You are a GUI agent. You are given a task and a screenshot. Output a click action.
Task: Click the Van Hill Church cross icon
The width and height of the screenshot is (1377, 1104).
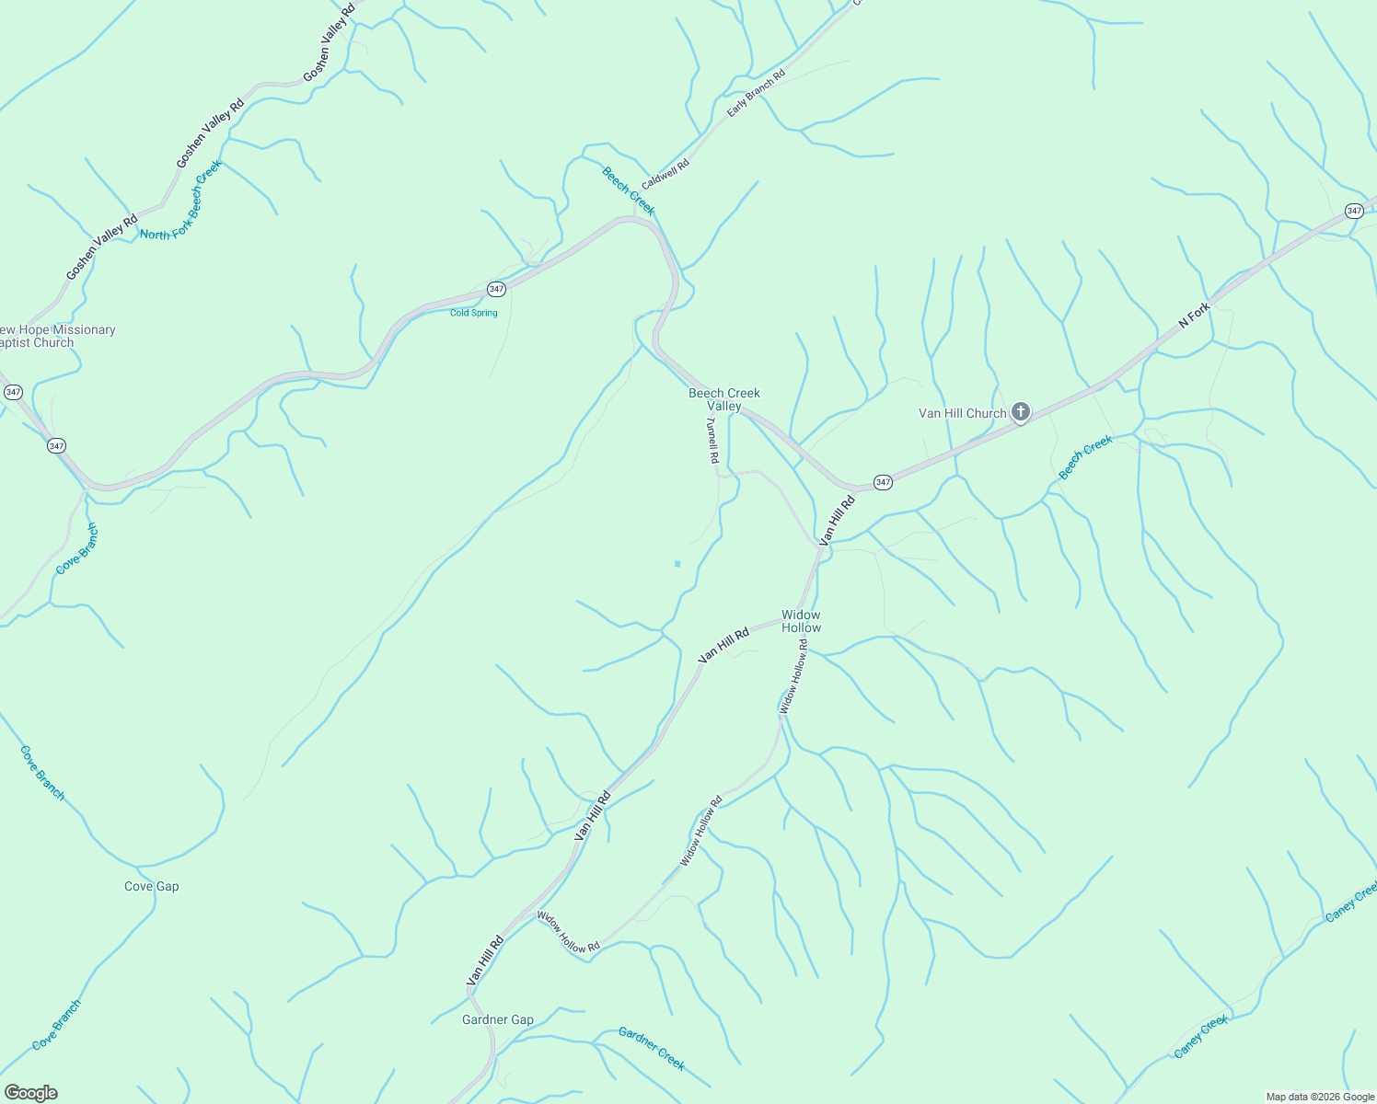[1020, 412]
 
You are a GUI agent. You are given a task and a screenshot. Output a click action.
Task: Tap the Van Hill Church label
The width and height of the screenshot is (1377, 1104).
[962, 414]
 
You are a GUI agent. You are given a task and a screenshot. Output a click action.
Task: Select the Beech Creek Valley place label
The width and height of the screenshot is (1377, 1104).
[724, 399]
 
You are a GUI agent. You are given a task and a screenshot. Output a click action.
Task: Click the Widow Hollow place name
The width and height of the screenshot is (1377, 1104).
[801, 621]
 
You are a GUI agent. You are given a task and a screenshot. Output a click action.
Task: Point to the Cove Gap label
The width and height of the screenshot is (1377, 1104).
[152, 887]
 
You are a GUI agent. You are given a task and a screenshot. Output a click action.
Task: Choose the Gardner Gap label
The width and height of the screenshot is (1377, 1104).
[498, 1019]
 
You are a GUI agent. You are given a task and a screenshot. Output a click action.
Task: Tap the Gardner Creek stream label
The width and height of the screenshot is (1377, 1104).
[652, 1049]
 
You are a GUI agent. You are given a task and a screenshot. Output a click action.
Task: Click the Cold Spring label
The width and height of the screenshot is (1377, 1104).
[474, 313]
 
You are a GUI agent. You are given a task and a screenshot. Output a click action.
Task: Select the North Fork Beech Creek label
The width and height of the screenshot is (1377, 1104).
[180, 201]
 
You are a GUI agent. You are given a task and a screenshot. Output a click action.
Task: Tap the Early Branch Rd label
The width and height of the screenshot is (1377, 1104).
[756, 92]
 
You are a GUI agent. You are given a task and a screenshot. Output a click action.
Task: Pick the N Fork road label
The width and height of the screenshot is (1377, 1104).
[1194, 316]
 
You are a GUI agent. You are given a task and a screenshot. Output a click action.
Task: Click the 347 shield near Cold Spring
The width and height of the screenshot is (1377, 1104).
[496, 289]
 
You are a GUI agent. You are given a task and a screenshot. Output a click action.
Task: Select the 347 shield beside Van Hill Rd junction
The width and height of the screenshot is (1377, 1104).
[883, 482]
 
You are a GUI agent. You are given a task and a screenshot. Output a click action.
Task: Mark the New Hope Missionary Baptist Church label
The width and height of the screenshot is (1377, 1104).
[55, 336]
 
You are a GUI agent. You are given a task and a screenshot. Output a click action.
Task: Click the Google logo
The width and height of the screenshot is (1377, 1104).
[30, 1093]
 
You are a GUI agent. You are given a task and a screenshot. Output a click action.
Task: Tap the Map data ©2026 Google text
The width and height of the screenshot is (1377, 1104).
[1319, 1097]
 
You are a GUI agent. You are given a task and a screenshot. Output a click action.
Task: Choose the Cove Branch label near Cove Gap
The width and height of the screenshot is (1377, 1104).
[42, 773]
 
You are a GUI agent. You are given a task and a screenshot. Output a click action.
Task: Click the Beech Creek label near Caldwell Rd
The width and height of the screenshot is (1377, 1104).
[629, 190]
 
